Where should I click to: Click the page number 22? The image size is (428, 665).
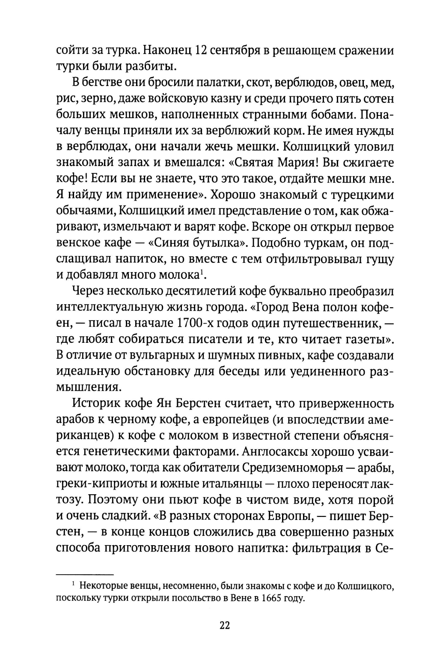click(x=225, y=626)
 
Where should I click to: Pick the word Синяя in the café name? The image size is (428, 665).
click(x=205, y=243)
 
